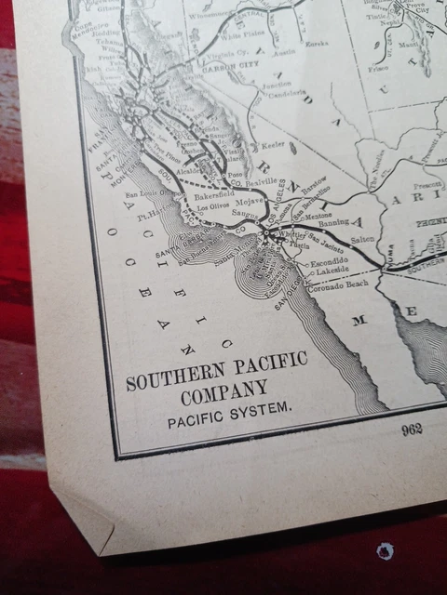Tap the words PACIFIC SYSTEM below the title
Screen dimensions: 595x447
pos(230,407)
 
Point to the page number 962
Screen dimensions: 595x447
pos(412,430)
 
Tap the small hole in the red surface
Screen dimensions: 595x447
pos(384,550)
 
